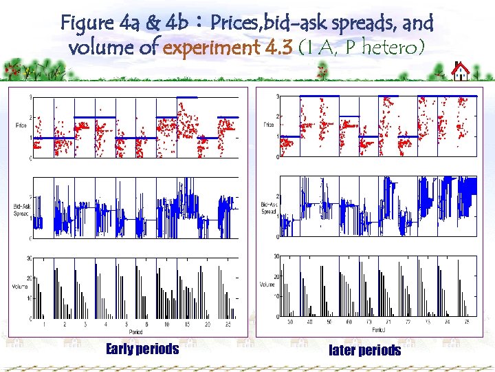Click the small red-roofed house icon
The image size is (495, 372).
tap(461, 70)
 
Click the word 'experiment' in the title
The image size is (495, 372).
tap(210, 49)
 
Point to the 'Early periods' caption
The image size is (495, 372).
tap(142, 349)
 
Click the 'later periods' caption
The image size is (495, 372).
tap(365, 351)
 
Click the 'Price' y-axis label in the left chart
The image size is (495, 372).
tap(22, 125)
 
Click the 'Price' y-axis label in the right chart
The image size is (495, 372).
tap(267, 124)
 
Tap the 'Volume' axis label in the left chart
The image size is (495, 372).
tap(21, 285)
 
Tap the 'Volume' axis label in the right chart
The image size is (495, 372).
tap(267, 284)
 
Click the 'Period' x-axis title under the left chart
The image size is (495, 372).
tap(135, 331)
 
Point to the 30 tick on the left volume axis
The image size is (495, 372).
tap(30, 258)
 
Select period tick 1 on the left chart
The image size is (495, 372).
tap(45, 324)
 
